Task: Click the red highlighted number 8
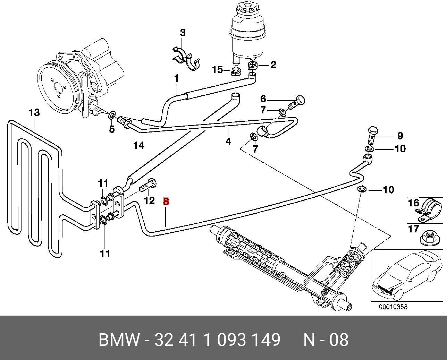pyautogui.click(x=166, y=201)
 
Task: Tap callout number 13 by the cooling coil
pyautogui.click(x=34, y=113)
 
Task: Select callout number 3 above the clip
pyautogui.click(x=183, y=33)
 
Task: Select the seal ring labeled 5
pyautogui.click(x=112, y=115)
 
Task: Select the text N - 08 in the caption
pyautogui.click(x=326, y=340)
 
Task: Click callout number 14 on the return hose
pyautogui.click(x=138, y=145)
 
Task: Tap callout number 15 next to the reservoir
pyautogui.click(x=217, y=70)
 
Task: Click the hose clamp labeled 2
pyautogui.click(x=253, y=65)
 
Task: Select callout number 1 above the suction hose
pyautogui.click(x=176, y=79)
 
